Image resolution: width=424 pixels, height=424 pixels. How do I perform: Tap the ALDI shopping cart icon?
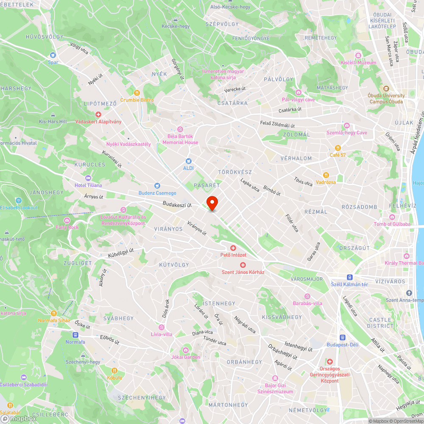point(189,161)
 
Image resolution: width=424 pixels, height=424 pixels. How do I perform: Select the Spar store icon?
point(53,55)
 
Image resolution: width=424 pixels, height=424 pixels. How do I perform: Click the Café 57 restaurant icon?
point(338,148)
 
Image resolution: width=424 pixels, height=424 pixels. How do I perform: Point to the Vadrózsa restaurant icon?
point(326,175)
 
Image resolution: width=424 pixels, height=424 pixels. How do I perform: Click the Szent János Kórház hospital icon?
point(243,265)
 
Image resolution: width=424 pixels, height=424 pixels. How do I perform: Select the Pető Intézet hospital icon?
point(233,248)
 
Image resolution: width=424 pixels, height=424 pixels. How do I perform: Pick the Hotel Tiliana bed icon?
point(88,178)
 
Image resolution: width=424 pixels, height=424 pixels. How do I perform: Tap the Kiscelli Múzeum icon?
point(358,56)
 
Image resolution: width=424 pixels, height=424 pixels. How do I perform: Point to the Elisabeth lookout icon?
point(18,201)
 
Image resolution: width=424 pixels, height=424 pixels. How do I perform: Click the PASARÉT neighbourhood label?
point(206,185)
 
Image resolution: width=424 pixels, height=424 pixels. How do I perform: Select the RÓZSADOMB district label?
point(359,207)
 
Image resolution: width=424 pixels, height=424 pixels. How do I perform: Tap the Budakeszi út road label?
point(177,205)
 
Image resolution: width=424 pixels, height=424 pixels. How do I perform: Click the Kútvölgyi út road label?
point(121,254)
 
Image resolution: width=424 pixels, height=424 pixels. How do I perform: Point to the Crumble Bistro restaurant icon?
point(137,92)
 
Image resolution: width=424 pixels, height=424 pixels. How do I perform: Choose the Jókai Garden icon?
point(186,350)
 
